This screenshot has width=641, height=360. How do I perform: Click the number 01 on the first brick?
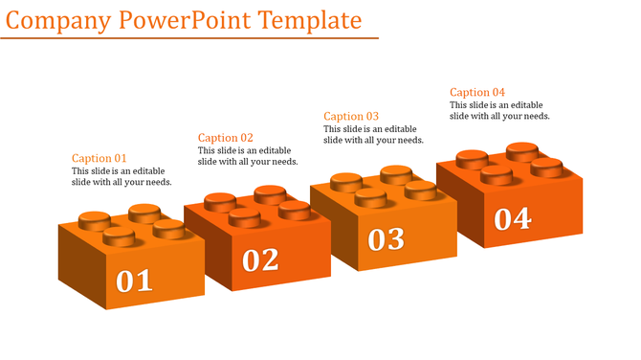[134, 281]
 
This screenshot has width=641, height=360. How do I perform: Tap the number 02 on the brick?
[260, 259]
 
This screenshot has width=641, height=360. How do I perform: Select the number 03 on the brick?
[387, 239]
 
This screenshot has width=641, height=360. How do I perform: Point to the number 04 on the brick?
[513, 219]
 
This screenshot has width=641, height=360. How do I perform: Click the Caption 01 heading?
[99, 158]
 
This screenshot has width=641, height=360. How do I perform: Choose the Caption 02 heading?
[225, 138]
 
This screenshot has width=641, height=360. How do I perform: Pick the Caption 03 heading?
[351, 116]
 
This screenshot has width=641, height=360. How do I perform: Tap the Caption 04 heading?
[477, 92]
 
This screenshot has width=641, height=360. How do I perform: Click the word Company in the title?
[58, 21]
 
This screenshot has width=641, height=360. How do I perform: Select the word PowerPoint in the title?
[185, 20]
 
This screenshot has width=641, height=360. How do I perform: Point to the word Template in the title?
[310, 21]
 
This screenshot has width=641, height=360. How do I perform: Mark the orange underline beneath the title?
[189, 38]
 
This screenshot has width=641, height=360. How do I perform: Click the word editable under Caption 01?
[149, 171]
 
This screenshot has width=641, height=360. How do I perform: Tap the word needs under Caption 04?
[537, 116]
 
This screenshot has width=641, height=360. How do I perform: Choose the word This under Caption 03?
[332, 129]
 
